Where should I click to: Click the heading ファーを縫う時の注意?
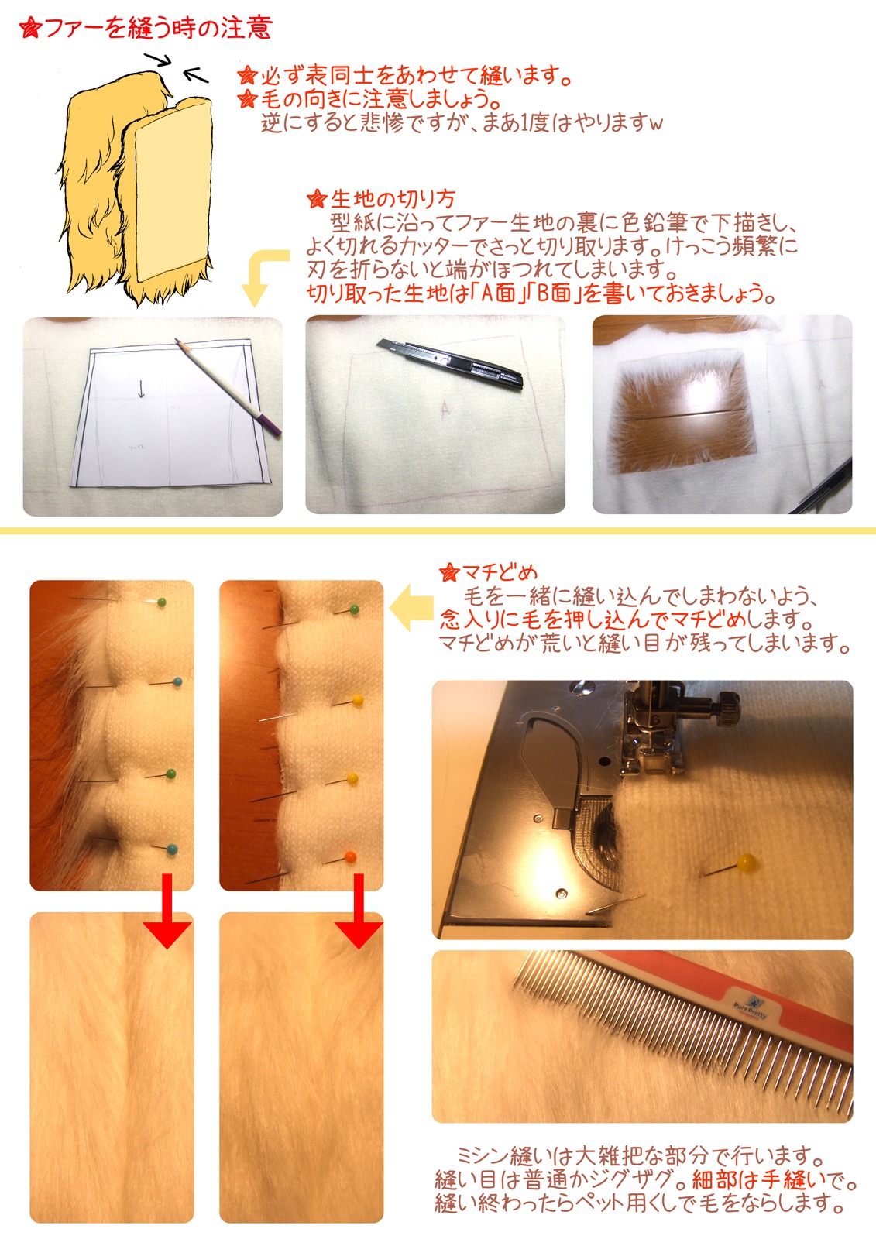coord(158,28)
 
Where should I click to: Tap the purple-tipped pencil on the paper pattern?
coord(228,386)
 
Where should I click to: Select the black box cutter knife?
coord(449,365)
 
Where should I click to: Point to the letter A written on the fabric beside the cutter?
coord(445,409)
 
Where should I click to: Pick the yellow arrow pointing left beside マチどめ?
coord(412,608)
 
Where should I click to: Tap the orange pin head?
coord(350,856)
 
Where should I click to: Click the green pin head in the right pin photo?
coord(354,609)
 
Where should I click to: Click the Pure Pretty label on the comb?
coord(751,1004)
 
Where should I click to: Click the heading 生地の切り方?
coord(393,199)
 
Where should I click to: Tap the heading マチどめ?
coord(499,572)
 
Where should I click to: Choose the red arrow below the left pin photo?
coord(167,911)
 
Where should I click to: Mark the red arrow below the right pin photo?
coord(359,911)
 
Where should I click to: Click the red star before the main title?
coord(30,28)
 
